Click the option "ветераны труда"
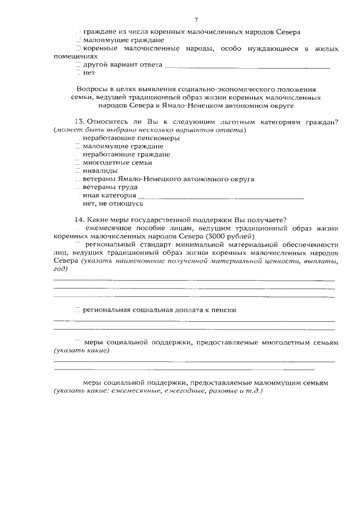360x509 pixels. coord(110,187)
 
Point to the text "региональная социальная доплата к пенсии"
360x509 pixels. coord(159,310)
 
